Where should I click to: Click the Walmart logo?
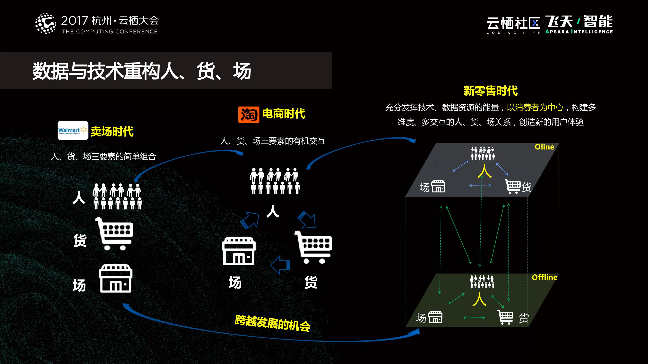73,130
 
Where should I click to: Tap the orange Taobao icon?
249,115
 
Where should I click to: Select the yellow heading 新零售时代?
491,91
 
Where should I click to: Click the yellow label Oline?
544,147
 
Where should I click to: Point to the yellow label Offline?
544,277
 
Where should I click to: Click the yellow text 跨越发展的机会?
272,323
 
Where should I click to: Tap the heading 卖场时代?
112,131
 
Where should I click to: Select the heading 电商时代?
284,114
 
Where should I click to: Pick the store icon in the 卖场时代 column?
116,278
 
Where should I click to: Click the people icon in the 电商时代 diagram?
275,181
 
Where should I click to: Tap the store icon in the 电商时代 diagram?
239,251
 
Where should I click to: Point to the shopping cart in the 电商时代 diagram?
314,247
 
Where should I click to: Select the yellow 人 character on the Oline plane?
484,171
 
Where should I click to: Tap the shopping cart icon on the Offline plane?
505,317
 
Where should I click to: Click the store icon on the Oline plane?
438,186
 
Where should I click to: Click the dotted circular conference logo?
45,24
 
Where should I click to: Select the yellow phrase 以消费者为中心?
535,108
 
